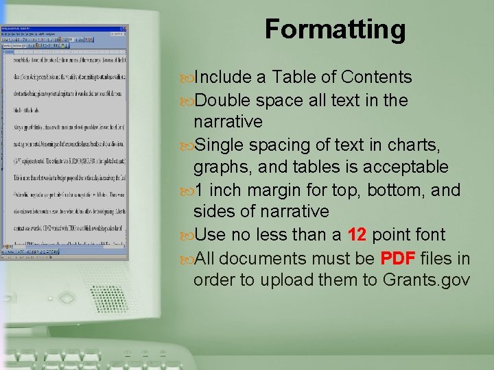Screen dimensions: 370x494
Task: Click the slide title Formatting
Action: (x=335, y=29)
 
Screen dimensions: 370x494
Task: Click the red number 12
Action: (x=357, y=235)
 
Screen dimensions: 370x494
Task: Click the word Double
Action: (x=224, y=100)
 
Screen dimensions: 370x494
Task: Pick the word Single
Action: (x=220, y=145)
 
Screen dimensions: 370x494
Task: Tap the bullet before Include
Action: (x=187, y=77)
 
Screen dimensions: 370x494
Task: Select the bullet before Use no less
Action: (x=187, y=235)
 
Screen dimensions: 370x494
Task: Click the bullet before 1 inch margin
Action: (x=187, y=190)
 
